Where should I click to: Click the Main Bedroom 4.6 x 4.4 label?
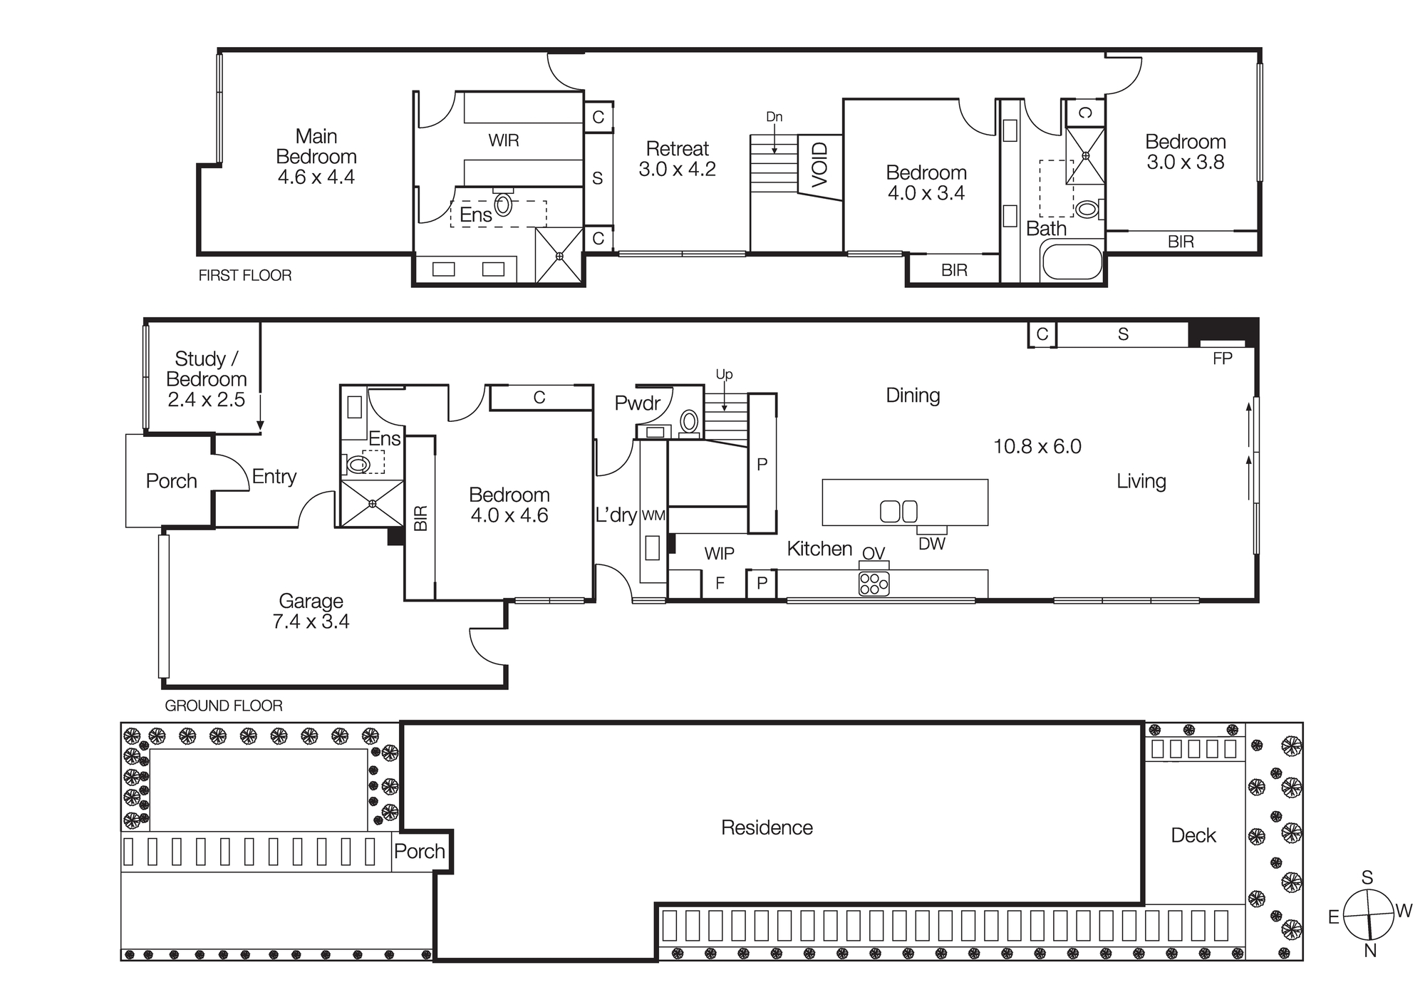316,157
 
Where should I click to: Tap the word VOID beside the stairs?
820,165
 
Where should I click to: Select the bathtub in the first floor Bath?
1072,262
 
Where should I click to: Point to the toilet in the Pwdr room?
689,420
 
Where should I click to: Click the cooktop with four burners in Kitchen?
874,583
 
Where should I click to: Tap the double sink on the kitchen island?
898,511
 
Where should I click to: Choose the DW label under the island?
931,544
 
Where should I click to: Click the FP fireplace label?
1222,358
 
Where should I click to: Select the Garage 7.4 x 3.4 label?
311,611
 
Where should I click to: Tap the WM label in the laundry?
653,515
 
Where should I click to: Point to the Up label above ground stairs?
724,375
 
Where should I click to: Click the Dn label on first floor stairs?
774,117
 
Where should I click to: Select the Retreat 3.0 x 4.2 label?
677,159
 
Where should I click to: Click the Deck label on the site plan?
1193,835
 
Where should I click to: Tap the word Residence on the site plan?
767,827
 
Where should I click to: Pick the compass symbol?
1368,914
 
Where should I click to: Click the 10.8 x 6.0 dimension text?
1037,447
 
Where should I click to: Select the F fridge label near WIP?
720,583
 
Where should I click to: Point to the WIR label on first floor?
503,140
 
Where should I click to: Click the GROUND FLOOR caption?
224,706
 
